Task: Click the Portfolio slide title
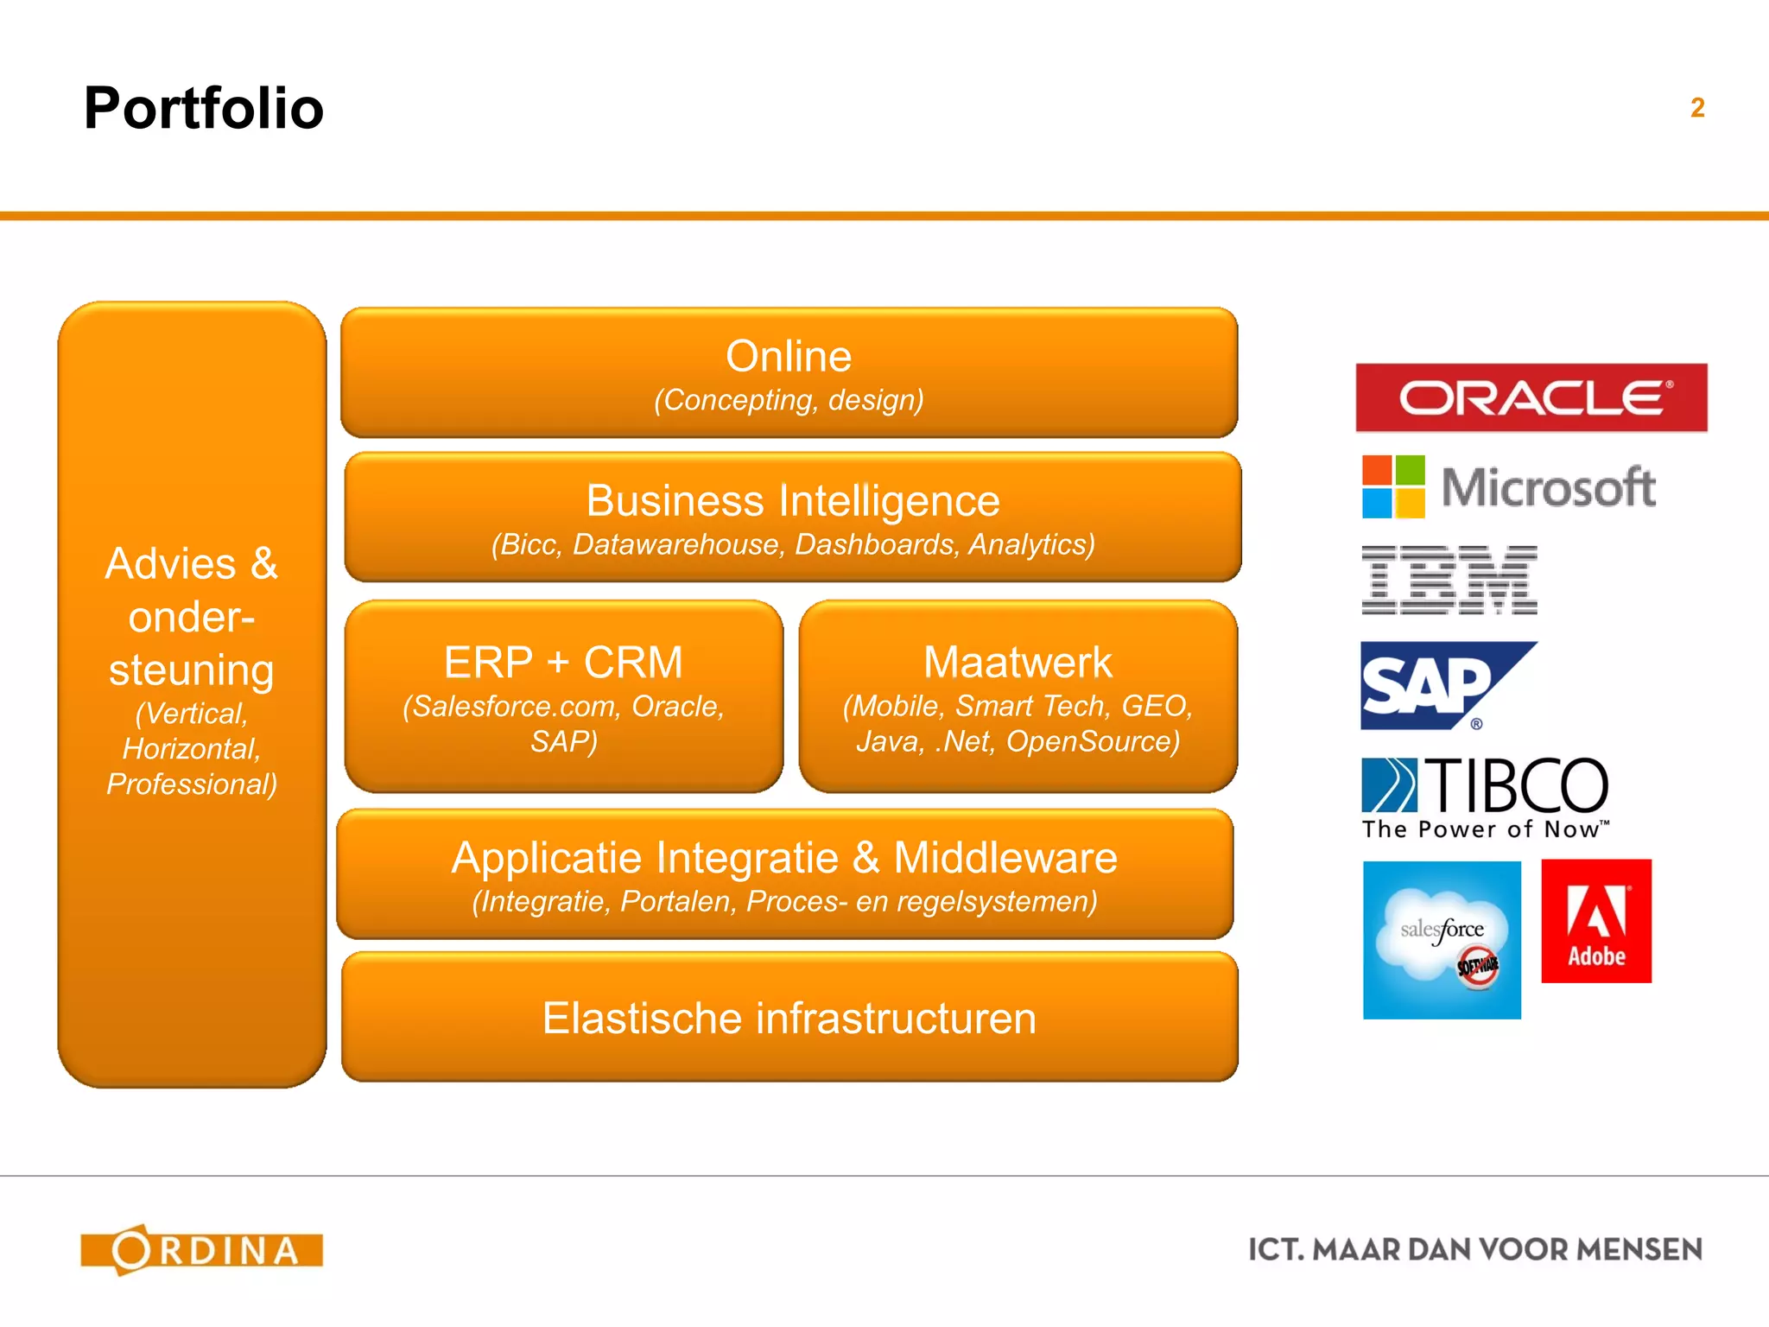[204, 109]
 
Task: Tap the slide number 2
[1696, 108]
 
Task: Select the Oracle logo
[1531, 397]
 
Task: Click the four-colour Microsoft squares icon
[1392, 486]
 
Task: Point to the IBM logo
[1449, 580]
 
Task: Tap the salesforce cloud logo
[1441, 939]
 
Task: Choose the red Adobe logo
[1595, 921]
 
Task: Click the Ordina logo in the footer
[202, 1249]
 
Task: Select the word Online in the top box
[788, 357]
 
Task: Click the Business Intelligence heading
[792, 501]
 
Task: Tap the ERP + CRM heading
[563, 663]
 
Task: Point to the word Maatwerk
[1018, 663]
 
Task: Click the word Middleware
[1005, 858]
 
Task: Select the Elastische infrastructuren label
[789, 1018]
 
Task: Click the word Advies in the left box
[170, 564]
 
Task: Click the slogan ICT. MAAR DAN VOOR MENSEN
[1474, 1249]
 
